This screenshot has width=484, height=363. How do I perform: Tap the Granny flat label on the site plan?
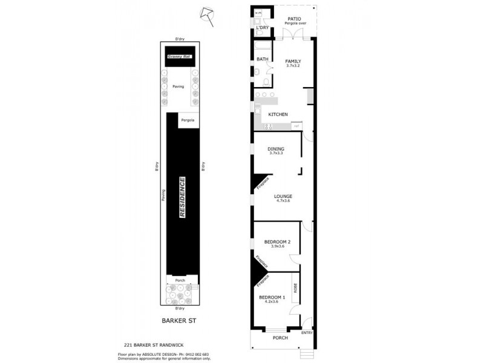(x=179, y=57)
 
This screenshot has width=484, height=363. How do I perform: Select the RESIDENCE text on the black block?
(x=182, y=197)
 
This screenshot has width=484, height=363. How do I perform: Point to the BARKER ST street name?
(x=180, y=322)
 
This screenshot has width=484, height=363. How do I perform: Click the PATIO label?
(x=294, y=19)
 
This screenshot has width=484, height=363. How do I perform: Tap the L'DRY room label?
(x=262, y=28)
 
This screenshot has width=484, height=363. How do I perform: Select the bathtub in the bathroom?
(x=263, y=47)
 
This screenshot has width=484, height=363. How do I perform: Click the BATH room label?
(x=262, y=59)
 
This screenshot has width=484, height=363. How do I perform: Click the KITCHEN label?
(x=278, y=114)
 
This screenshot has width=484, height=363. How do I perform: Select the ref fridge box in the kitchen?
(x=296, y=126)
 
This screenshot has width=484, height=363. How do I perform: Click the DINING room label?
(x=276, y=149)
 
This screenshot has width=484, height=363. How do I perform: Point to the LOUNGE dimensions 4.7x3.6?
(x=283, y=201)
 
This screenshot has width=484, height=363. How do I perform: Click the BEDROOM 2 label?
(x=277, y=242)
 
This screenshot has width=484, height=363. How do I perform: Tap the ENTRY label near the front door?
(x=307, y=332)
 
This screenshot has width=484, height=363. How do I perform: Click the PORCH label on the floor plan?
(x=280, y=338)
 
